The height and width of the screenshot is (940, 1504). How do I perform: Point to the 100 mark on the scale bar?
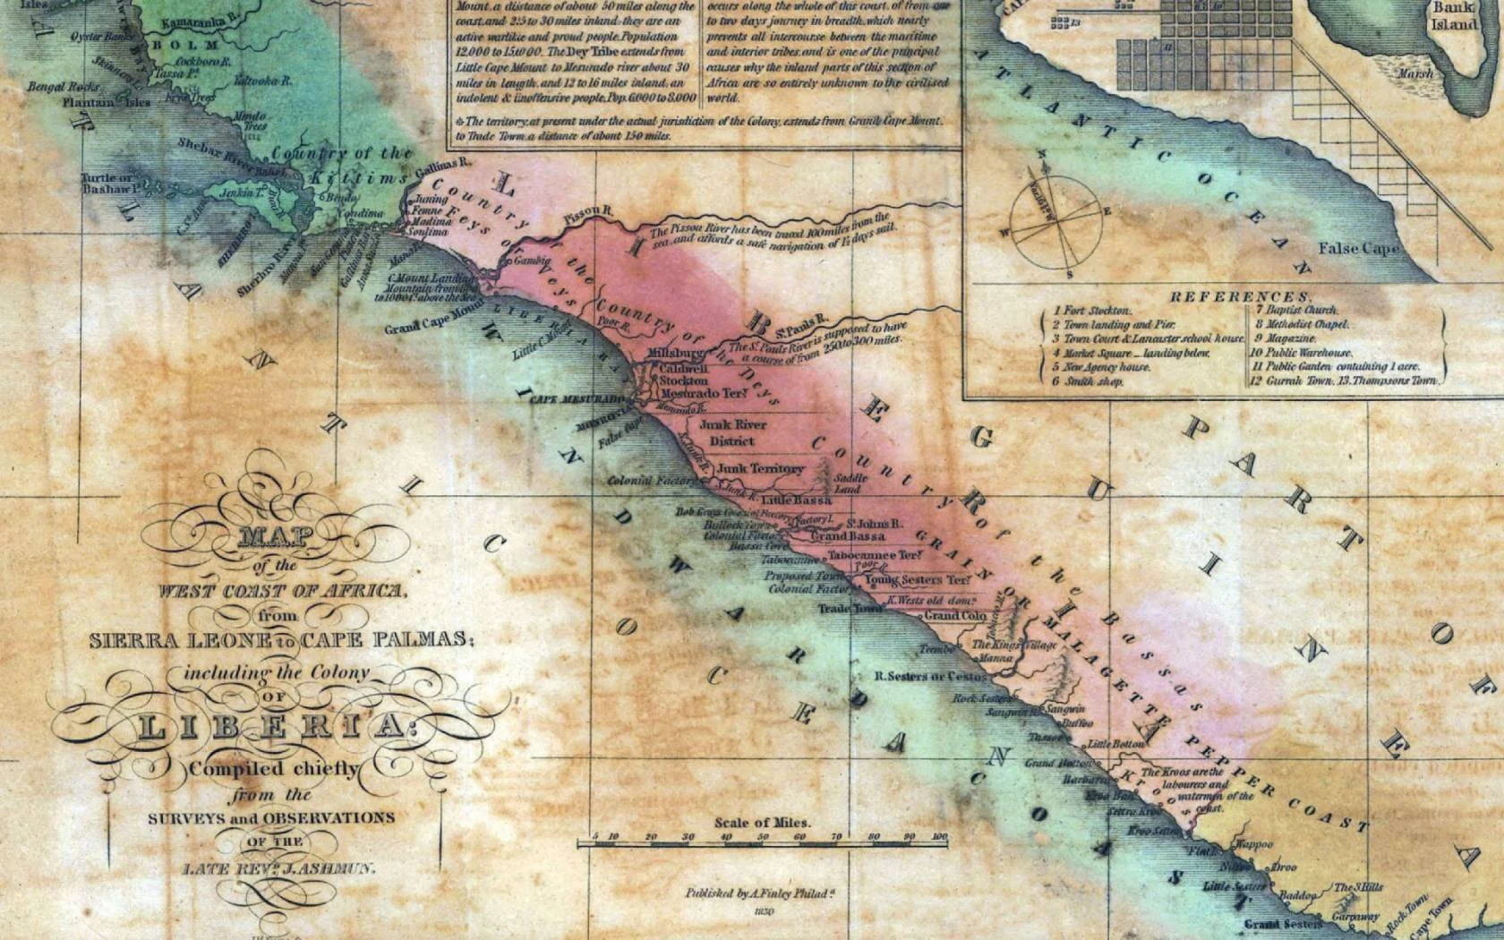[939, 837]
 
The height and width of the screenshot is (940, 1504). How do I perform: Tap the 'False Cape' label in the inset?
[1357, 248]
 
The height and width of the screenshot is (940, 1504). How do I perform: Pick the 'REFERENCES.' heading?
[1239, 296]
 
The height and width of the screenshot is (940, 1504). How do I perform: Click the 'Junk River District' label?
[731, 433]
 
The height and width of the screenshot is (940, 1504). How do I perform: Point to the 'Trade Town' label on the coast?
[850, 609]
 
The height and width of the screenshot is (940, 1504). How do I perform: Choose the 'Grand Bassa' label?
[847, 536]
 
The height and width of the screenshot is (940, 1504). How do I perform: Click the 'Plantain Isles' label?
[107, 102]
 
